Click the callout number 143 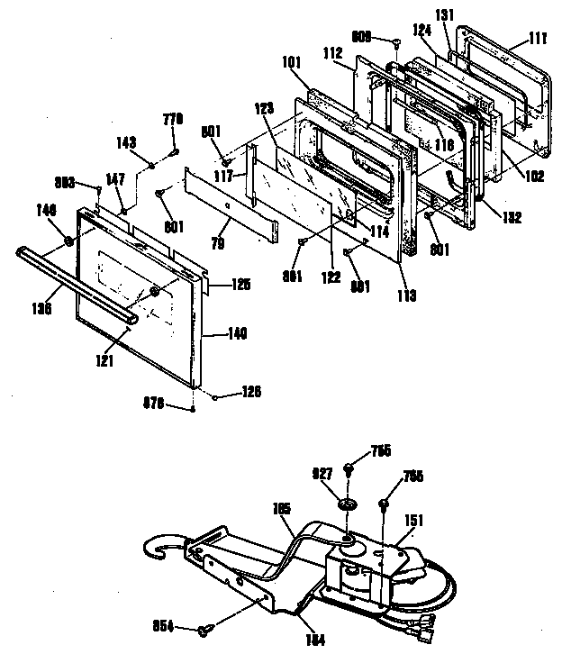coord(127,141)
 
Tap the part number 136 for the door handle coord(41,306)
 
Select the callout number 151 coord(415,519)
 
